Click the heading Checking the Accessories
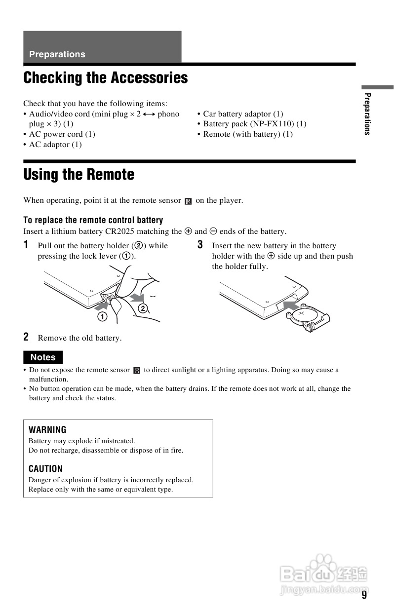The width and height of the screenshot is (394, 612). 106,78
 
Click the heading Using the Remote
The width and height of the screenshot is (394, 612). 79,175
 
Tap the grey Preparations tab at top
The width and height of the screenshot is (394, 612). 102,47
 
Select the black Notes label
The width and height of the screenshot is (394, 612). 43,357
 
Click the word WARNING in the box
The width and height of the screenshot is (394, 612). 47,430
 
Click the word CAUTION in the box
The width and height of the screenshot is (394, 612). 45,469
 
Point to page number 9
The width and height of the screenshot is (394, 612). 364,595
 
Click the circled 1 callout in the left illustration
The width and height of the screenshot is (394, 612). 102,316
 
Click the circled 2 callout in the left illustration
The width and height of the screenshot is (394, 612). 143,309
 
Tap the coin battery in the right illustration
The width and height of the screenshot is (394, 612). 302,316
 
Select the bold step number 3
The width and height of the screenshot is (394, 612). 200,245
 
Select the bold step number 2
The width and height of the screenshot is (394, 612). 26,337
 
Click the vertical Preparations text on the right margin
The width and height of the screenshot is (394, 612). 367,114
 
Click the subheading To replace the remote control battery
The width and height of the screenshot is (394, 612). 93,220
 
